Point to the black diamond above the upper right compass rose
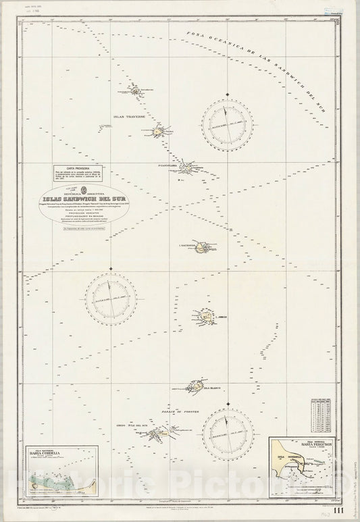(x=228, y=93)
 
